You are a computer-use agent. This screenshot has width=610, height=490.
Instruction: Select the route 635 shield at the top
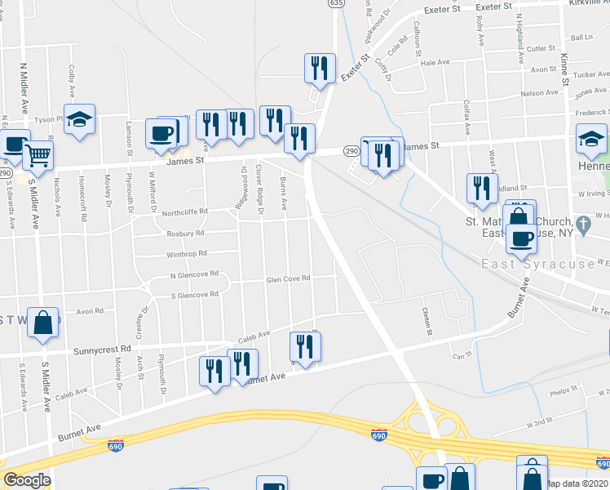(x=336, y=3)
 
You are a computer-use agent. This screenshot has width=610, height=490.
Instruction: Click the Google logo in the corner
(x=26, y=480)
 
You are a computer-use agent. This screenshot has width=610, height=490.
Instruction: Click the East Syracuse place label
(x=537, y=265)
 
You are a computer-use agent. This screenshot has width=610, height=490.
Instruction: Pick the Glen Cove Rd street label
(x=289, y=278)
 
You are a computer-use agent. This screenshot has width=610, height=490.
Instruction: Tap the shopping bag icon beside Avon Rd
(x=43, y=322)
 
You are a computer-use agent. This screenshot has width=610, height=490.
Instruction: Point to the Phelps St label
(x=564, y=390)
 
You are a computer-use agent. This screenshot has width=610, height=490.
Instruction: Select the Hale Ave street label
(x=435, y=62)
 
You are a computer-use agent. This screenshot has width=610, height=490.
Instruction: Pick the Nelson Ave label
(x=538, y=93)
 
